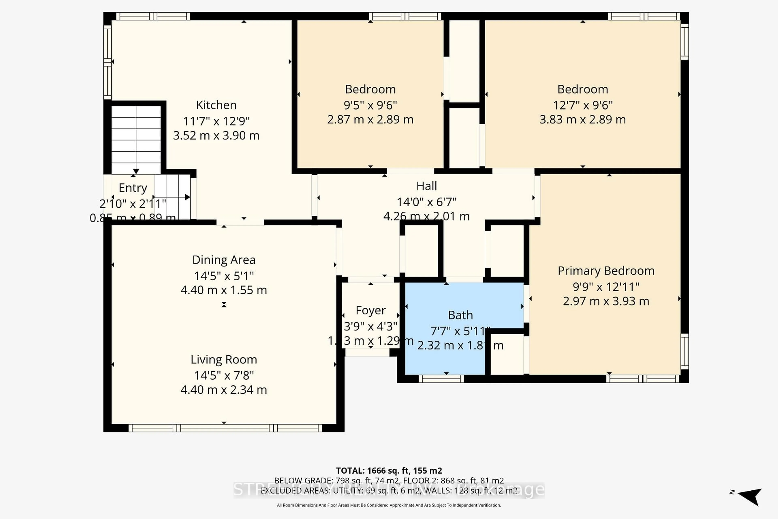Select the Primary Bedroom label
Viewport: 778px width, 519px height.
[606, 271]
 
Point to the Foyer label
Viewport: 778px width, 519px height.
[371, 310]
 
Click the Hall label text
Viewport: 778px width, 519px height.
[426, 186]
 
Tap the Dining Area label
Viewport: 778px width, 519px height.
[224, 260]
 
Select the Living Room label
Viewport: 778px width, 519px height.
[224, 359]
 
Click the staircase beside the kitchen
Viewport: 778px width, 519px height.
[136, 139]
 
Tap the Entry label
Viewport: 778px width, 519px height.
[133, 188]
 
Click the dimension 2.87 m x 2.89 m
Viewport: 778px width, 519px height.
[370, 119]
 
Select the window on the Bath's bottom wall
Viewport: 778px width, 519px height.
[441, 379]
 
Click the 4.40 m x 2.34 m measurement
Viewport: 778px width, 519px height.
[224, 390]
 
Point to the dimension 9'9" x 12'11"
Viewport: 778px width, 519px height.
[606, 287]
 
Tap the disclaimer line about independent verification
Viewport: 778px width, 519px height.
[389, 505]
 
